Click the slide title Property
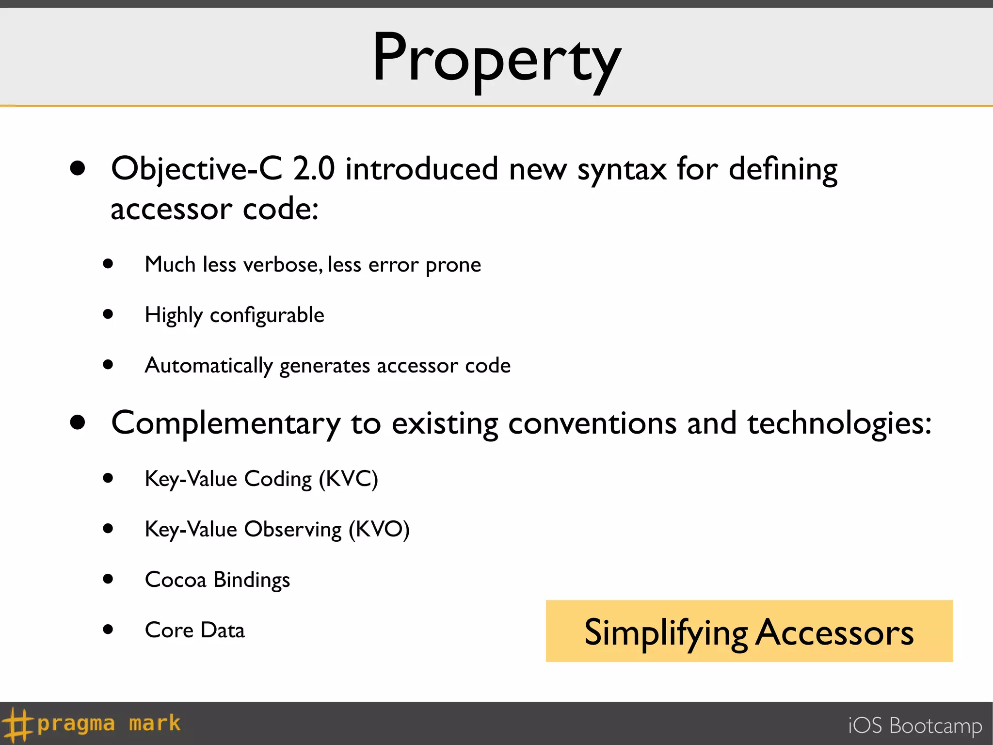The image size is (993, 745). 496,59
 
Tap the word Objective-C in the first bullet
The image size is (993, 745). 196,169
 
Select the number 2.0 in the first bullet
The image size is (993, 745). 314,169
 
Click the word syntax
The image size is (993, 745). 622,170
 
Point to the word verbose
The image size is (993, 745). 282,265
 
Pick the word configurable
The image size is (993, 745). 267,315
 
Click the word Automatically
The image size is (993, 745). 209,366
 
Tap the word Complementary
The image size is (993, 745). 226,423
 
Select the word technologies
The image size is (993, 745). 839,423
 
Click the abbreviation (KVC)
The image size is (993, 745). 348,479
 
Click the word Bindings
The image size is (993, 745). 252,580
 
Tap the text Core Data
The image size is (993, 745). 195,631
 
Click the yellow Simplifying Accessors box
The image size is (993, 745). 749,631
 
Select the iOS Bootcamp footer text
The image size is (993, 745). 914,726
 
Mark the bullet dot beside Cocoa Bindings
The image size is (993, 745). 108,579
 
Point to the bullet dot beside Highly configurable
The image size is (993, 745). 108,314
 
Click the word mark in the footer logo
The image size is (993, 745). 155,723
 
